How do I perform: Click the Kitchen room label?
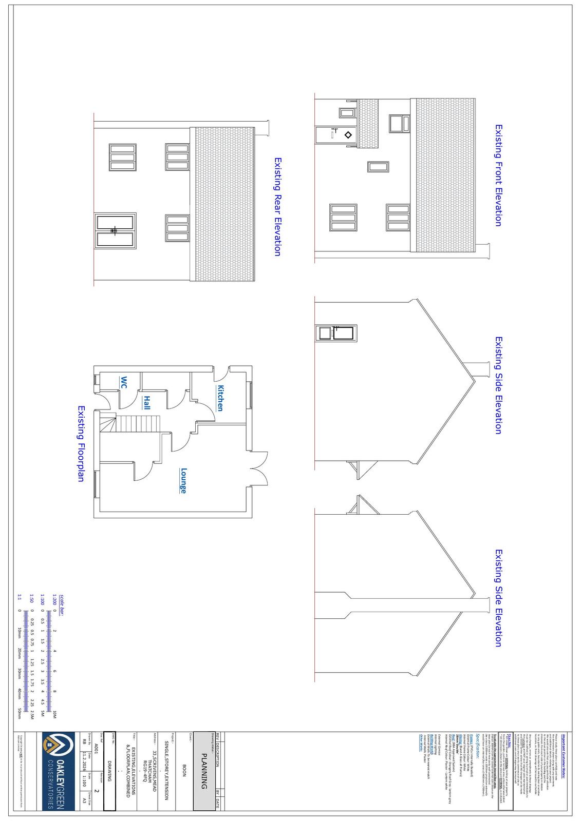coord(220,398)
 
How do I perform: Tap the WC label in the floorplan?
coord(123,382)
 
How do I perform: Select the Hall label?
coord(147,402)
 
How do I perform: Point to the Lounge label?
coord(183,481)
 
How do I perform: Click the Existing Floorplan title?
coord(81,443)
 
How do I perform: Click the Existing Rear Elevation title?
coord(277,207)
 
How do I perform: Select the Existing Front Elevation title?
coord(498,175)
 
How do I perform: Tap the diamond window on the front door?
coord(348,135)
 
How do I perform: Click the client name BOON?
coord(184,770)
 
